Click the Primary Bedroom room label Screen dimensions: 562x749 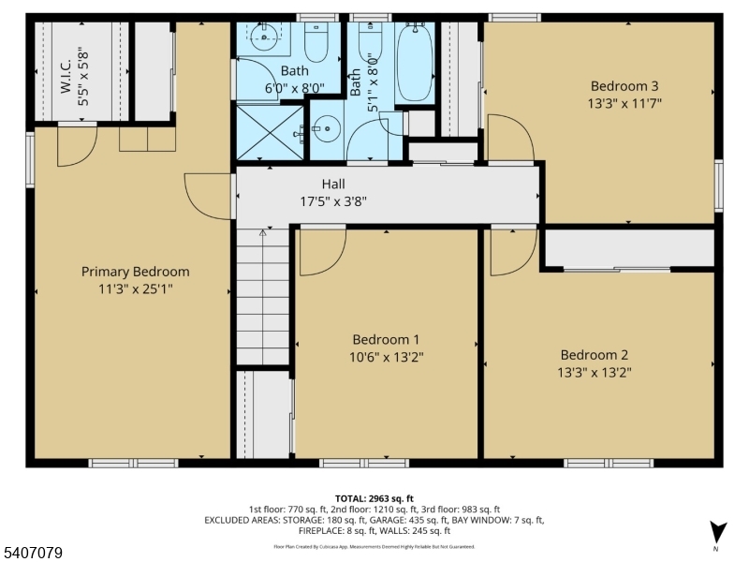135,272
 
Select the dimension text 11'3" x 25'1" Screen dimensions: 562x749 135,289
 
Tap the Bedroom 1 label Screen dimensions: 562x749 386,339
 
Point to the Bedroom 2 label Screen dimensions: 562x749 594,354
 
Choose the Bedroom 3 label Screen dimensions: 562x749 624,86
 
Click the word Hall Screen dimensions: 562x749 333,184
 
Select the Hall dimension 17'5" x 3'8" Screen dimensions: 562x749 333,200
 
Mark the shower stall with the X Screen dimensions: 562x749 270,134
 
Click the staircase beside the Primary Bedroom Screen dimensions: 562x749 263,296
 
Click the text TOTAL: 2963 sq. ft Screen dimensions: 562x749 374,497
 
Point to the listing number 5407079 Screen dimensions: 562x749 34,554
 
